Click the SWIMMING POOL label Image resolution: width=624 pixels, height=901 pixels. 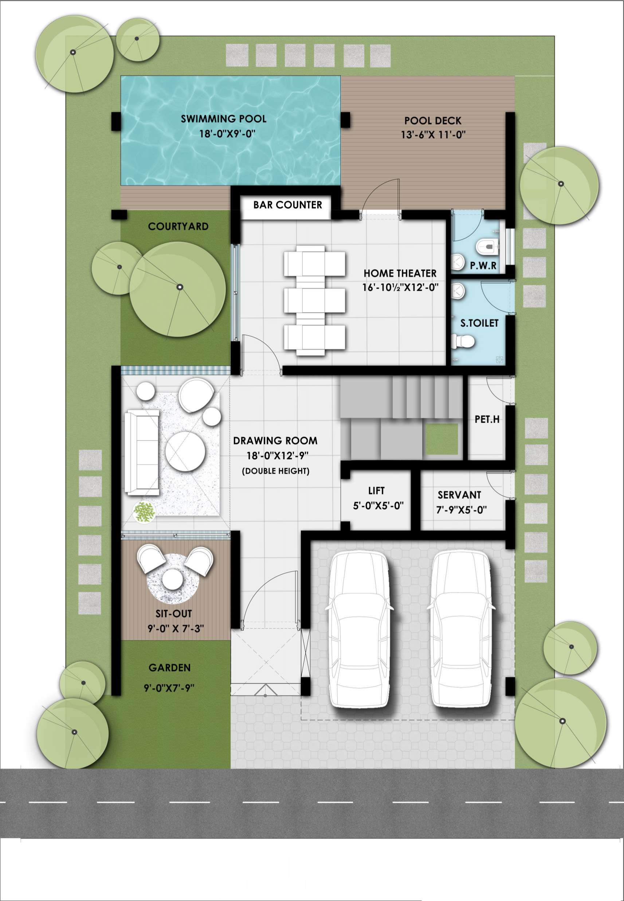point(223,118)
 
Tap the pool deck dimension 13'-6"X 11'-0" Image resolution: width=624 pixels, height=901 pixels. point(433,135)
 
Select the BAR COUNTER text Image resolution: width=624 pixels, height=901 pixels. point(287,205)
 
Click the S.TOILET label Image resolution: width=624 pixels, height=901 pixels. point(479,323)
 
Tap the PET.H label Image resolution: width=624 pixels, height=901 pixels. point(487,420)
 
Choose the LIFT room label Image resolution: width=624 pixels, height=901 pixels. point(376,490)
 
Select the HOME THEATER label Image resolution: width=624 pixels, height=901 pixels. point(400,273)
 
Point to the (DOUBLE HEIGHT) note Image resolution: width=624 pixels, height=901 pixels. point(275,471)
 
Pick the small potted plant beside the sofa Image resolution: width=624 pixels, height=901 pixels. point(144,511)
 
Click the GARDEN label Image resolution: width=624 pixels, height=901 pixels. point(169,667)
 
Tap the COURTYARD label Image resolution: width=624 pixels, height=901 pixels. point(178,226)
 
